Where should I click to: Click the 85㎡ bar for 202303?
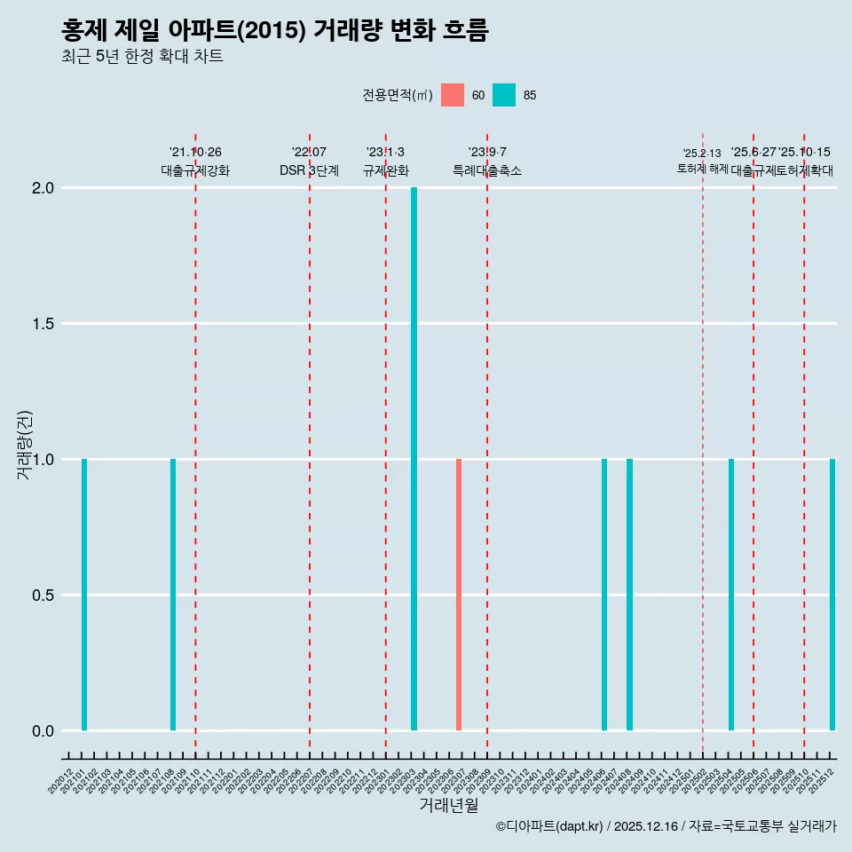[x=414, y=459]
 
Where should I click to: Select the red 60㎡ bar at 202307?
[x=459, y=595]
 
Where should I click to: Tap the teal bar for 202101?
[x=84, y=595]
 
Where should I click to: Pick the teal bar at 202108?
[x=173, y=595]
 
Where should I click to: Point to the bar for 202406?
[x=604, y=595]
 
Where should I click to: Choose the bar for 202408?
[x=629, y=595]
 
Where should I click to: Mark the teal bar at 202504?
[x=731, y=595]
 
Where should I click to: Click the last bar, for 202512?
[x=832, y=595]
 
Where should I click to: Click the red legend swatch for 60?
[x=453, y=95]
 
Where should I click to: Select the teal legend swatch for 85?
[x=504, y=95]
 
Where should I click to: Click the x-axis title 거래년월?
[x=449, y=806]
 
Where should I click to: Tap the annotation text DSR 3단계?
[x=309, y=170]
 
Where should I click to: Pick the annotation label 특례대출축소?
[x=487, y=170]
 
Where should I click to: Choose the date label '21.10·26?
[x=195, y=153]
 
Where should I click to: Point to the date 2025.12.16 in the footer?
[x=645, y=827]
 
